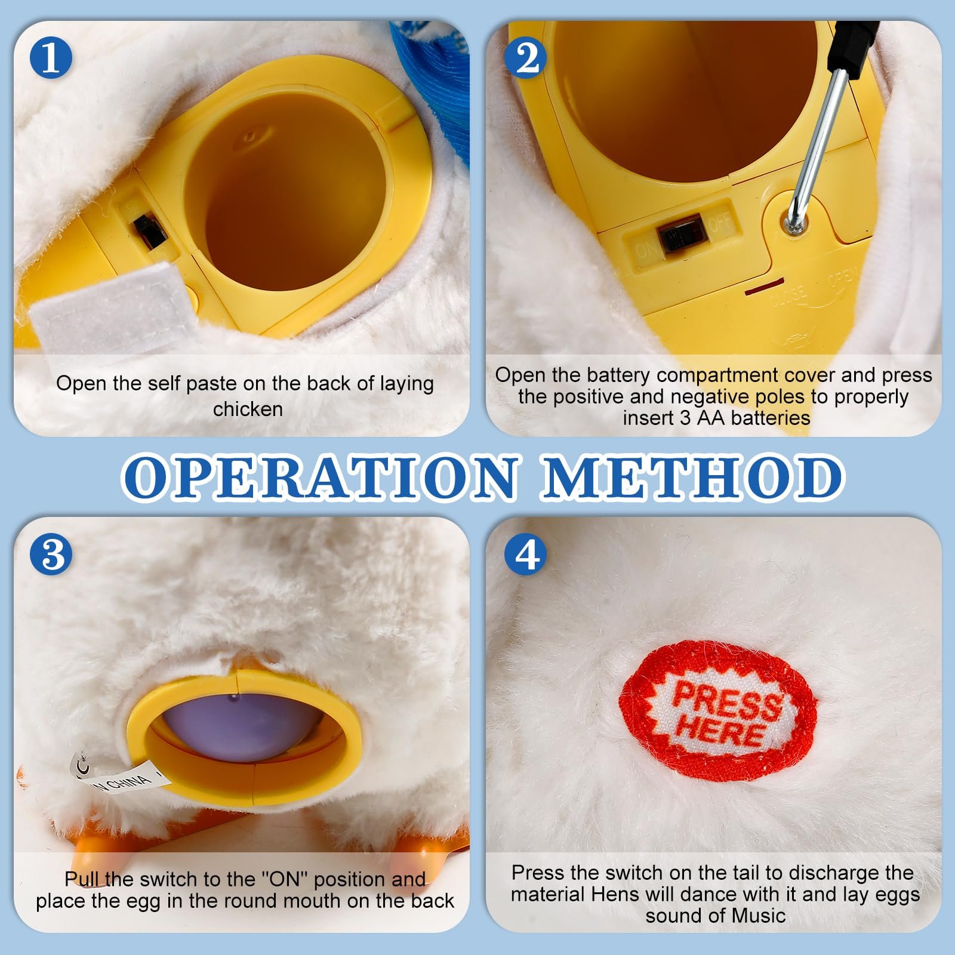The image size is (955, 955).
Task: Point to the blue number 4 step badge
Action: click(526, 555)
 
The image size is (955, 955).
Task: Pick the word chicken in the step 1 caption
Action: click(248, 409)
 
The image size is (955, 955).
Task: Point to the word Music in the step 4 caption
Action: click(759, 915)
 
